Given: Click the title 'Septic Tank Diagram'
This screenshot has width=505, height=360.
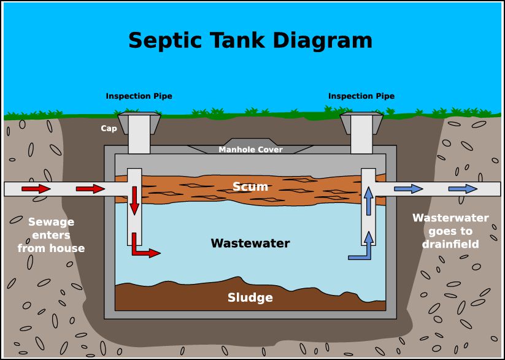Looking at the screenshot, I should [250, 40].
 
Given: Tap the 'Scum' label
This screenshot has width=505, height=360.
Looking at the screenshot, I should [250, 186].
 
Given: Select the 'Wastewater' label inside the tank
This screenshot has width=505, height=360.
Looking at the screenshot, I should [250, 243].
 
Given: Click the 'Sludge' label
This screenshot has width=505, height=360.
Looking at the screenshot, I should [250, 298].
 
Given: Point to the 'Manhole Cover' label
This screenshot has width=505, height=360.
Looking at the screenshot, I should [250, 150].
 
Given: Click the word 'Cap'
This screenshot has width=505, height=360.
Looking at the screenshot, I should [109, 129].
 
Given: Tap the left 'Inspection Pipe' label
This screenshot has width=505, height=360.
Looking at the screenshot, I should [139, 96].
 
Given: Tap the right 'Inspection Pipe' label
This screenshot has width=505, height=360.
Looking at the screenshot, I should [361, 96].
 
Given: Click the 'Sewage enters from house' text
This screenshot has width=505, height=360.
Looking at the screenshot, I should [51, 235].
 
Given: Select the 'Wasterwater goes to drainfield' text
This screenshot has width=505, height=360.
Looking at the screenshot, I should [450, 231].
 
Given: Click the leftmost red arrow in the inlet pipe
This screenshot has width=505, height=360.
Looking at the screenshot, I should [36, 189].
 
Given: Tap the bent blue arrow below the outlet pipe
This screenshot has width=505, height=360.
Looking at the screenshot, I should [361, 252].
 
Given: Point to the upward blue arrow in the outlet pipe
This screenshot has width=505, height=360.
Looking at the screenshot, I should [368, 200].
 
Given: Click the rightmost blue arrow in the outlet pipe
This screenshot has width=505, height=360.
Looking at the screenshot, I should [463, 189].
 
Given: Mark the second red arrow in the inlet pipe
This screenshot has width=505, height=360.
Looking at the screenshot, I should [90, 189].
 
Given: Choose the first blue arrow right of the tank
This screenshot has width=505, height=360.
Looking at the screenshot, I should [408, 189].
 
